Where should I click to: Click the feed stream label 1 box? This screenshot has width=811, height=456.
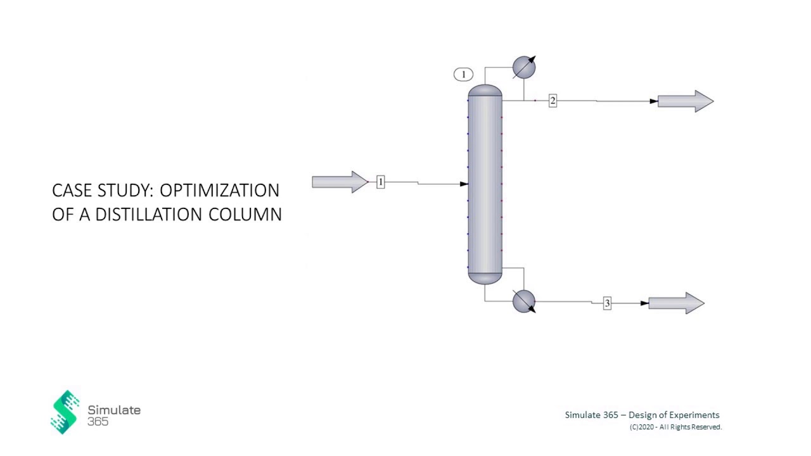pyautogui.click(x=380, y=182)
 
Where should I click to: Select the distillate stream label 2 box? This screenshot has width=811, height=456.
pyautogui.click(x=552, y=101)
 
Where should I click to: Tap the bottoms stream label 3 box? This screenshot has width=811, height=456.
pyautogui.click(x=607, y=303)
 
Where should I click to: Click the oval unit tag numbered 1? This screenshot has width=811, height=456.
pyautogui.click(x=463, y=75)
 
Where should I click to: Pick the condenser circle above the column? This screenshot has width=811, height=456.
pyautogui.click(x=523, y=67)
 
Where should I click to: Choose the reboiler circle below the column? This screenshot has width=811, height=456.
pyautogui.click(x=523, y=301)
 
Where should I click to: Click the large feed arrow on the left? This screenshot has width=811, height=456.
pyautogui.click(x=340, y=182)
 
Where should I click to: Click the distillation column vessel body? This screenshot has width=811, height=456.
pyautogui.click(x=485, y=184)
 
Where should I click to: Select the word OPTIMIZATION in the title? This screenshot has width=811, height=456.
pyautogui.click(x=219, y=191)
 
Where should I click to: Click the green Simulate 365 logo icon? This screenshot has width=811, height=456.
pyautogui.click(x=65, y=412)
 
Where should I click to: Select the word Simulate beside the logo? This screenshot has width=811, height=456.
pyautogui.click(x=114, y=410)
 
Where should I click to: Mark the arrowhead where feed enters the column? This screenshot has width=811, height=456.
pyautogui.click(x=464, y=184)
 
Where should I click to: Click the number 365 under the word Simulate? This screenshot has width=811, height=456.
pyautogui.click(x=98, y=422)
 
